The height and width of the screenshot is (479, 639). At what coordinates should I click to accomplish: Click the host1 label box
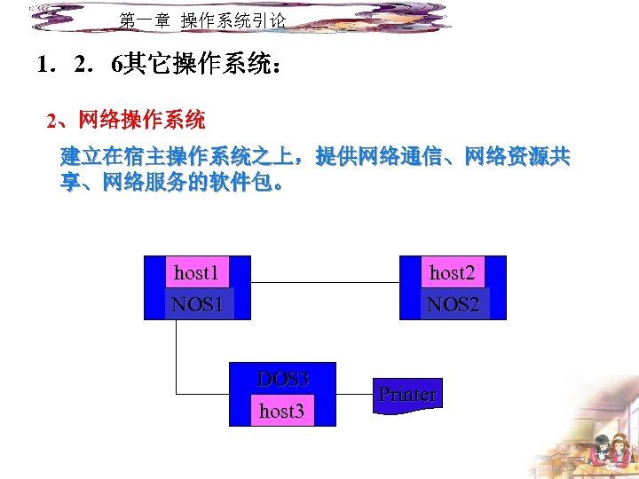(x=196, y=272)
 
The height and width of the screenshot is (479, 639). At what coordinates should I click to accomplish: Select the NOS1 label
(x=197, y=304)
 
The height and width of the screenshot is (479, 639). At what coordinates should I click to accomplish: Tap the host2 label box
(x=453, y=272)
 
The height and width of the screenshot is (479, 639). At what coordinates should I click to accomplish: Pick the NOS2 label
(x=453, y=304)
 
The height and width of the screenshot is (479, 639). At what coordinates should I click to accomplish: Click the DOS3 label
(x=283, y=380)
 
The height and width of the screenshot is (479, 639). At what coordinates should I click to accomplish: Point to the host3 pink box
(x=281, y=411)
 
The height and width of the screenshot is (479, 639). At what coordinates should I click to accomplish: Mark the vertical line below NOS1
(x=177, y=355)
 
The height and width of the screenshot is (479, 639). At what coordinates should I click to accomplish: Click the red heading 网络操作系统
(x=141, y=120)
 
